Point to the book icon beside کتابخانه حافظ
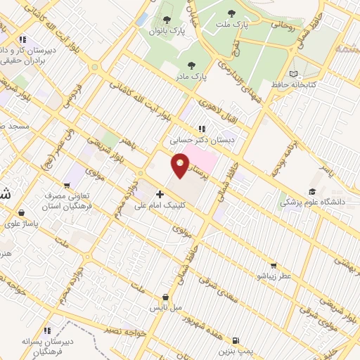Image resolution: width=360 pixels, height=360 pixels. [293, 73]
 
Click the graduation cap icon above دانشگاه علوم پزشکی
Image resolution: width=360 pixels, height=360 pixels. [311, 191]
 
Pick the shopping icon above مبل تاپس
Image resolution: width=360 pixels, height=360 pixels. [165, 297]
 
